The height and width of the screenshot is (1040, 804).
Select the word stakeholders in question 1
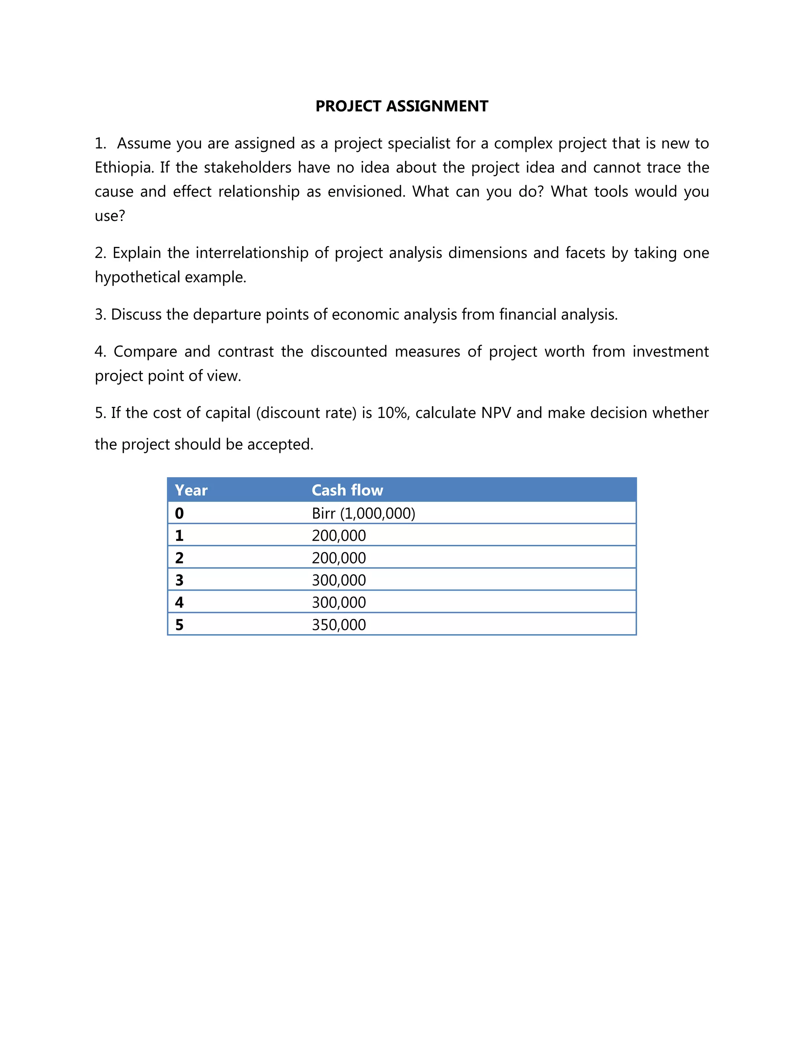(247, 168)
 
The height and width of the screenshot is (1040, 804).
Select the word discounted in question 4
(349, 351)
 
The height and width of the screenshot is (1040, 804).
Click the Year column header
(191, 490)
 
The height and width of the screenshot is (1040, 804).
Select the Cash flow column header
(347, 490)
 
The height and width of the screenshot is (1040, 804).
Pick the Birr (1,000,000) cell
(364, 513)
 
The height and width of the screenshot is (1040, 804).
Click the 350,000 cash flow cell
(339, 625)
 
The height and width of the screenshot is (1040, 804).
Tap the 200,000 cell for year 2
(339, 558)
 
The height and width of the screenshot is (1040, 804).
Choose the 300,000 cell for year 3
(339, 580)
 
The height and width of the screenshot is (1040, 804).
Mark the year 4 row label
(179, 603)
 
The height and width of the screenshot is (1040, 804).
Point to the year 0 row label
(179, 513)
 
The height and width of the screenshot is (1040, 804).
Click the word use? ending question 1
(110, 216)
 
